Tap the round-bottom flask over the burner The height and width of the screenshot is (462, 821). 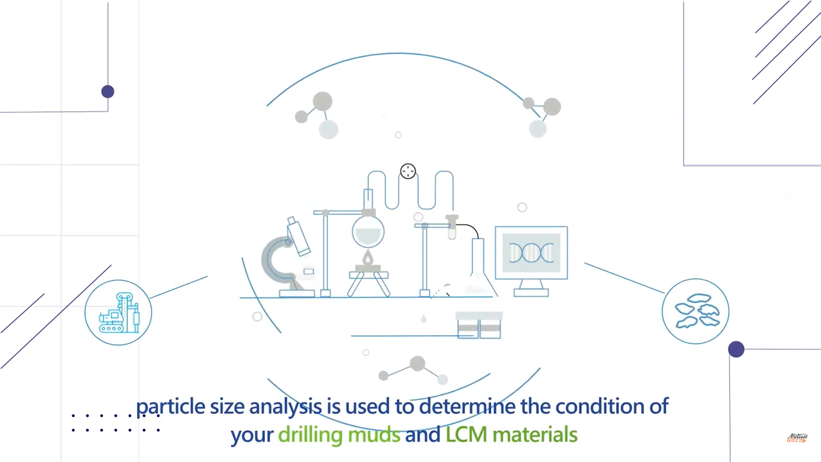point(368,231)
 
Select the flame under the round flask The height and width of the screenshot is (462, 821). point(368,258)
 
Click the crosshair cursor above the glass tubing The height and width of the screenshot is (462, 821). point(408,171)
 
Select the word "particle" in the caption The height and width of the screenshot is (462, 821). point(170,407)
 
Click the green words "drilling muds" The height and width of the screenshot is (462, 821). point(339,435)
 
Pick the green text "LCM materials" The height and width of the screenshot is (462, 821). point(511,435)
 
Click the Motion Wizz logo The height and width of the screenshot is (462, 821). point(797,438)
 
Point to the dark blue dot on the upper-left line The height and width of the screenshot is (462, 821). point(108,92)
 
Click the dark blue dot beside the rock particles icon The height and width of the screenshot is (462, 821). point(736,349)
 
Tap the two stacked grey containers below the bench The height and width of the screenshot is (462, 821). point(479,325)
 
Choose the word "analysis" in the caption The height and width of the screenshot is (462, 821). point(286,407)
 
